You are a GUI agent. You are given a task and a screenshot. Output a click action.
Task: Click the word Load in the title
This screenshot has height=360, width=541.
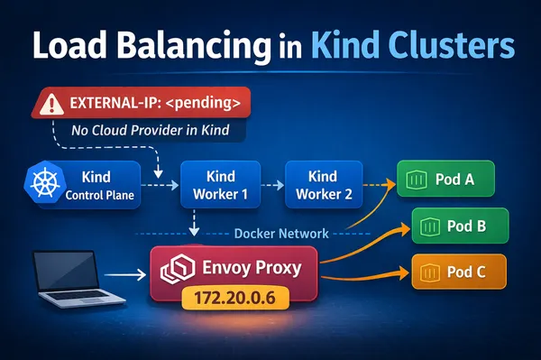57,44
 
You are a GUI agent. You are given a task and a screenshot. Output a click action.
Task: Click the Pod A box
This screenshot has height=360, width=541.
446,180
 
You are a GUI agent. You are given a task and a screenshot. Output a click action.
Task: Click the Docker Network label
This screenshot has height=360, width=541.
280,233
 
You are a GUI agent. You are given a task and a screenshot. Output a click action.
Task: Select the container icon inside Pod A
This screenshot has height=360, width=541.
417,180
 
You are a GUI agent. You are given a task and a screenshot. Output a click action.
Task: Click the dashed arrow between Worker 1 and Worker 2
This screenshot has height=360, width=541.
271,185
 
